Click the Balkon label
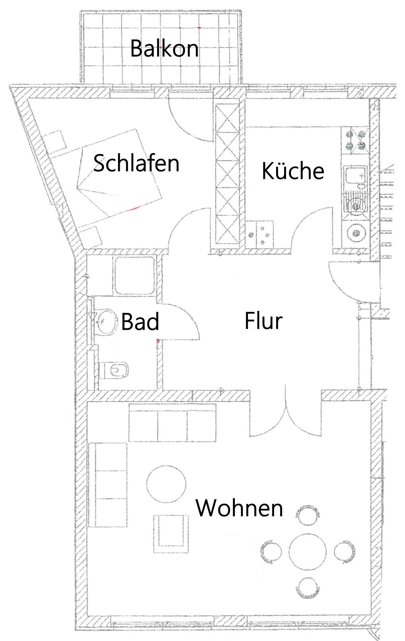pos(164,48)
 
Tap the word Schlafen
pos(136,163)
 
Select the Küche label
pos(293,171)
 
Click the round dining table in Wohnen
pos(308,552)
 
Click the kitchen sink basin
pos(355,176)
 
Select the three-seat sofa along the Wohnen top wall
pos(172,422)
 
